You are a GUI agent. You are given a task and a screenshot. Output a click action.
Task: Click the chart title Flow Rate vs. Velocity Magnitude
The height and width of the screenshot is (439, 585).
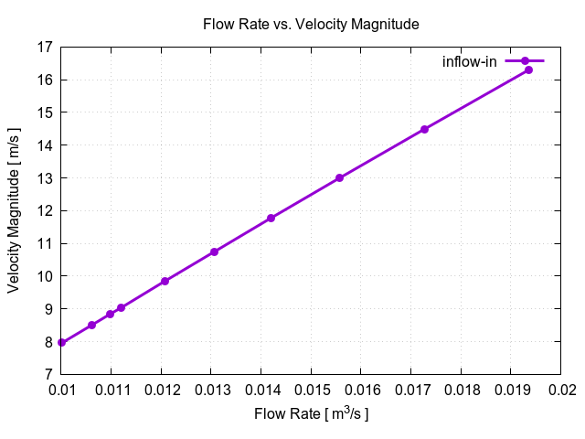311,25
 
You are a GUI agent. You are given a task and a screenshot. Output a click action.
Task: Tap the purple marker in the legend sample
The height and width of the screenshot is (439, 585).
525,61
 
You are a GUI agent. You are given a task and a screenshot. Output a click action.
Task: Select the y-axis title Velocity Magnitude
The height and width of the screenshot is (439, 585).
14,210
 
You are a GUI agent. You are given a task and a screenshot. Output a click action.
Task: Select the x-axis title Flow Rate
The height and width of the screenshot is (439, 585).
311,414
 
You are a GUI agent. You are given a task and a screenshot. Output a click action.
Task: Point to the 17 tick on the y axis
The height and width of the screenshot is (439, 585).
44,47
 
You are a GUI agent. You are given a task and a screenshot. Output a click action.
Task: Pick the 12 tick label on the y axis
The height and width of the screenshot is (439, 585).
44,210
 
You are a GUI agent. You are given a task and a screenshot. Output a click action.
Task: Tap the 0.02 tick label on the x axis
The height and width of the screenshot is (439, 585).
560,391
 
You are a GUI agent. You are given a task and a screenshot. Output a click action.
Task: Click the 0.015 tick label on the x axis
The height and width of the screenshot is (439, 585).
311,391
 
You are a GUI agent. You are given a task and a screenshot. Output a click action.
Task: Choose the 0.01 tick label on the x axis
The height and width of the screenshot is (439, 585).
61,391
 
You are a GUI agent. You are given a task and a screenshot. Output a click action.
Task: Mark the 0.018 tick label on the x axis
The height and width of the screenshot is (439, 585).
461,391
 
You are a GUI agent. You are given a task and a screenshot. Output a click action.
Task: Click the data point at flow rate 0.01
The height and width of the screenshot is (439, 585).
61,343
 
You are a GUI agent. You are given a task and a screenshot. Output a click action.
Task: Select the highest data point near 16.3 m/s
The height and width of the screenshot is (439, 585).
528,70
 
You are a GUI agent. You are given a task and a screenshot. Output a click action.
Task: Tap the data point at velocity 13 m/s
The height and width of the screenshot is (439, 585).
339,177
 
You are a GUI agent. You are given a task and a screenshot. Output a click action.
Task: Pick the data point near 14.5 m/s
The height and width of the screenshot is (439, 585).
424,129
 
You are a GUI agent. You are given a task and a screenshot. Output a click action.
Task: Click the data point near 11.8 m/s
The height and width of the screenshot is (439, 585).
271,218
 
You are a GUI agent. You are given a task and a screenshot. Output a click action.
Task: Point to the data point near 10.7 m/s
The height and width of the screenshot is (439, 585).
214,252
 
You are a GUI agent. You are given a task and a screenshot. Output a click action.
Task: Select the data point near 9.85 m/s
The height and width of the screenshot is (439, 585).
165,281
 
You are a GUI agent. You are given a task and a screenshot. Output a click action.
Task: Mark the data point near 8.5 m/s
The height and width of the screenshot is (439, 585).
91,325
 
